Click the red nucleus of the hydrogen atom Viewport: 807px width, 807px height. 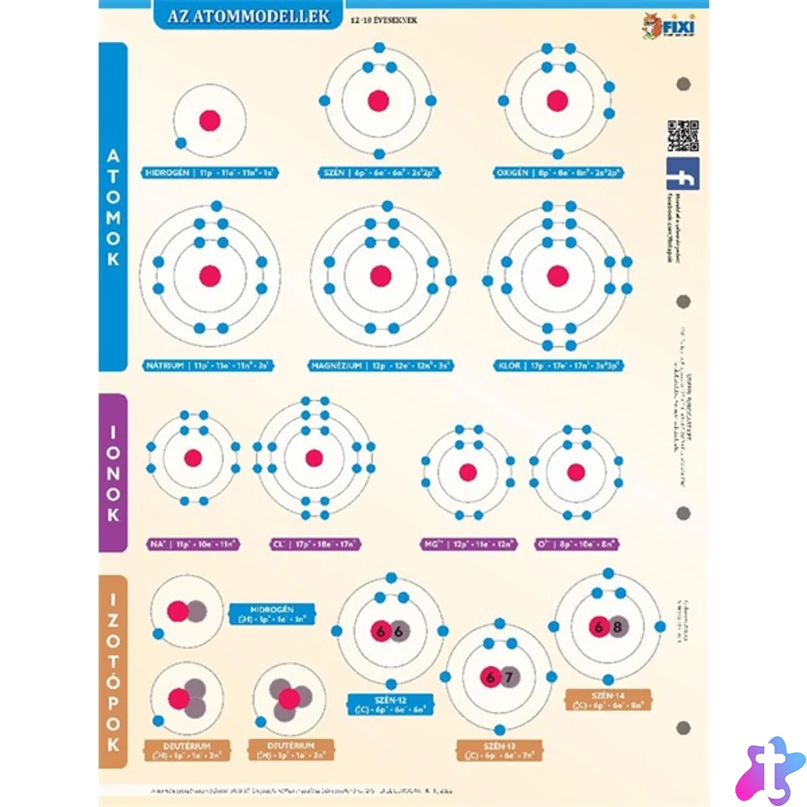tap(210, 121)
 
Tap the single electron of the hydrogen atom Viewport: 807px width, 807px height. tap(181, 143)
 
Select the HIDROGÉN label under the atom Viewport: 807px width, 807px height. tap(209, 171)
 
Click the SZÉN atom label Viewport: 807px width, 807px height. tap(379, 171)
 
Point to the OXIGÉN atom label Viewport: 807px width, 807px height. tap(557, 171)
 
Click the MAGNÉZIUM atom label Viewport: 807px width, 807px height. tap(380, 366)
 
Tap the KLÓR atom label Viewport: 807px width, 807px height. tap(558, 366)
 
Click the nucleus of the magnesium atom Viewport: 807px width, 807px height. tap(380, 275)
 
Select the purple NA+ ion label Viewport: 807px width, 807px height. tap(193, 543)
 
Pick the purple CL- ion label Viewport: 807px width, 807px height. tap(315, 543)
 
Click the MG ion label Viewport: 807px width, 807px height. tap(469, 543)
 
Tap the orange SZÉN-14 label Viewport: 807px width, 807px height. tap(609, 699)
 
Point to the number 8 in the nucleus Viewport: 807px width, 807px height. tap(617, 627)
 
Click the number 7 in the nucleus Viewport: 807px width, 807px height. tap(508, 677)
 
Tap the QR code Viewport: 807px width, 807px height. tap(682, 135)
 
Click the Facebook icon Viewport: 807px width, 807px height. tap(682, 174)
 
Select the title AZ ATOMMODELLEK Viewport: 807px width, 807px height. tap(248, 16)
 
